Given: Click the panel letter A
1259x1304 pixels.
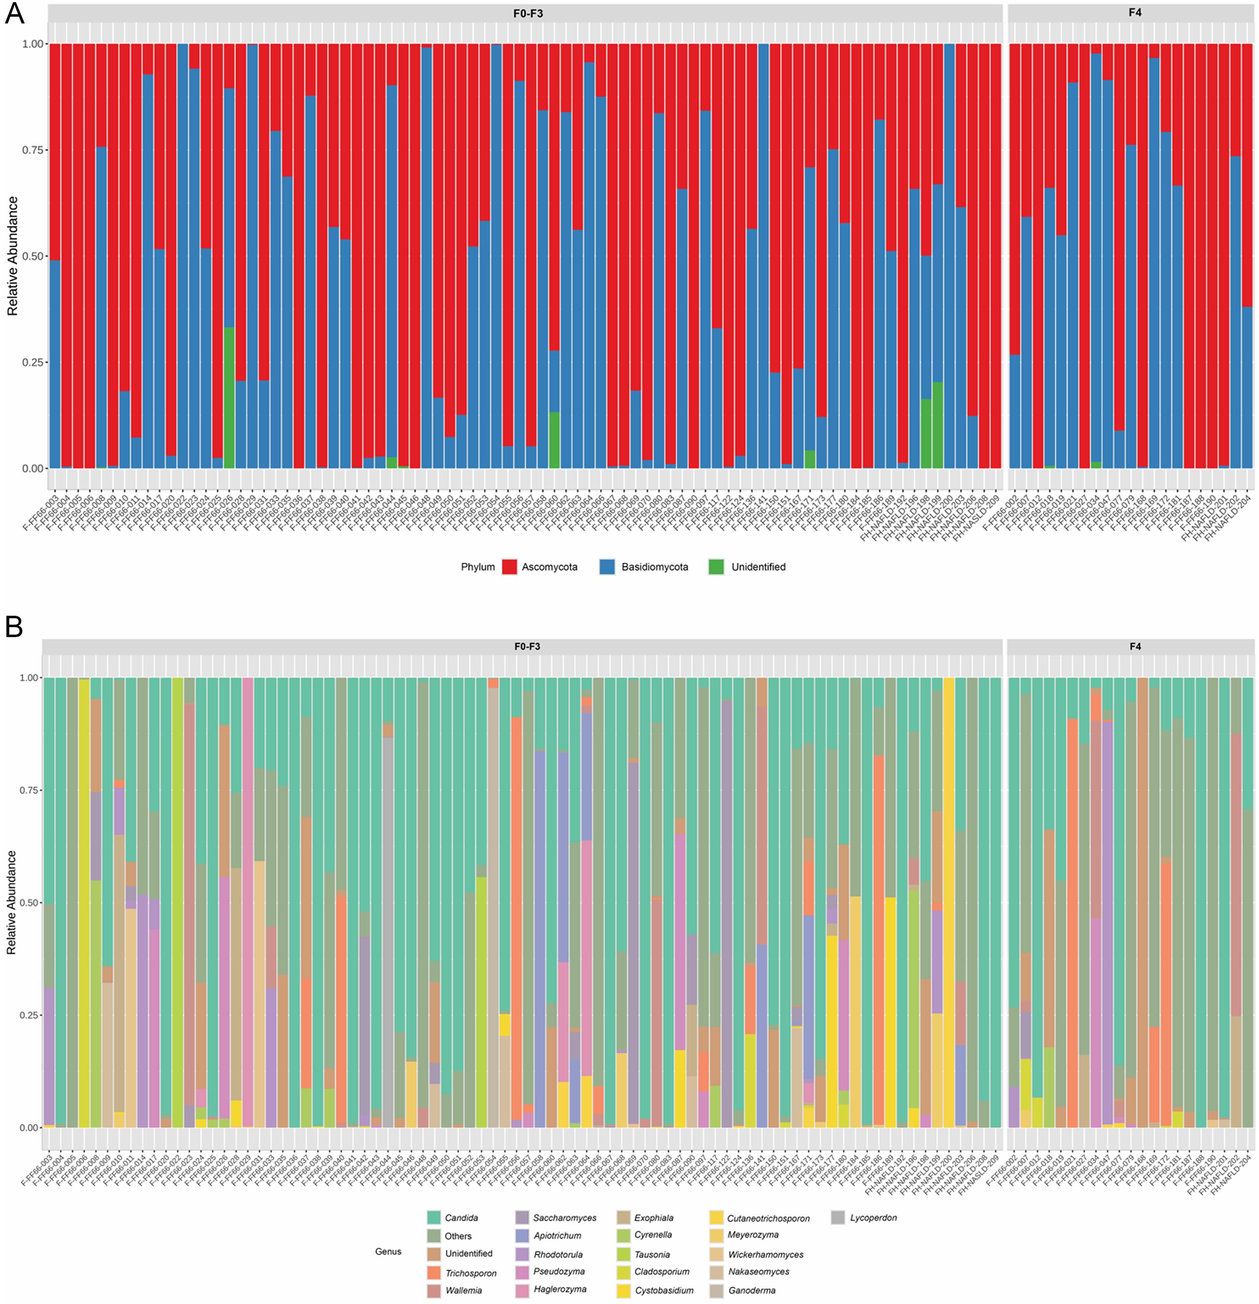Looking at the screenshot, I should click(14, 13).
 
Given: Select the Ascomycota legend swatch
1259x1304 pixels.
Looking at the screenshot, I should click(509, 567).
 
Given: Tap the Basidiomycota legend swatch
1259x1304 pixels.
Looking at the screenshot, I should click(607, 567).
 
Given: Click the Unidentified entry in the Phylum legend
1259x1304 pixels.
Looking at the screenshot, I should click(758, 567).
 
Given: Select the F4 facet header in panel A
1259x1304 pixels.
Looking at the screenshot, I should click(1135, 13).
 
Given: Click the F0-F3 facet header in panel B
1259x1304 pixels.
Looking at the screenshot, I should click(527, 646).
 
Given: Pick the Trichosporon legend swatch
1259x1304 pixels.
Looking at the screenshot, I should click(434, 1273).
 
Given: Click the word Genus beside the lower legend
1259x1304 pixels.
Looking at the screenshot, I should click(388, 1252).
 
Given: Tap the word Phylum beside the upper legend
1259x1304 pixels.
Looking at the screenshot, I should click(478, 567).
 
